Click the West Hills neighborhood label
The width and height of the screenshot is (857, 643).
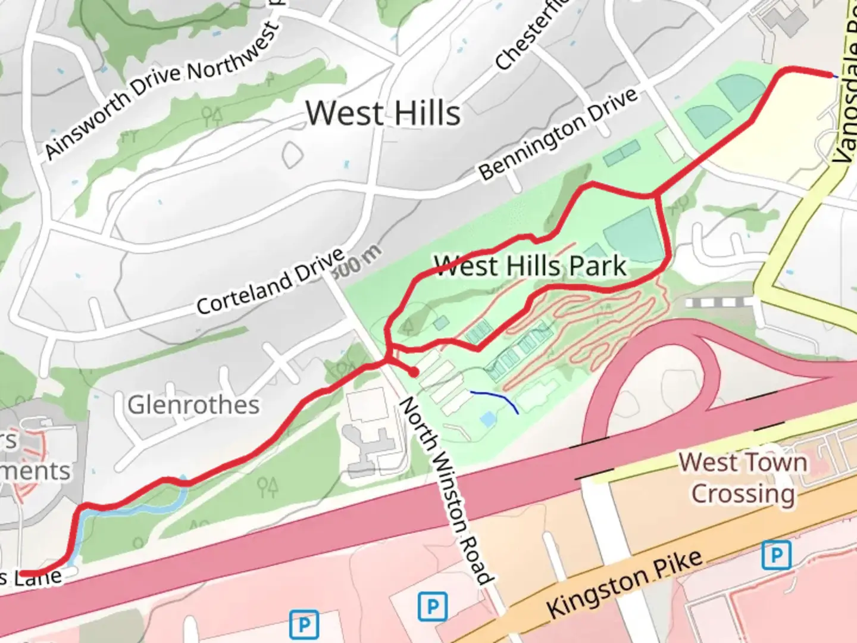[x=383, y=113]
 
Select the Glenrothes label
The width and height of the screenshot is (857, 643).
[x=193, y=405]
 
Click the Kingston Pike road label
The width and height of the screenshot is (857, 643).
[x=625, y=584]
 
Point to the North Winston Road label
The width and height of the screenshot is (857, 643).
[x=446, y=491]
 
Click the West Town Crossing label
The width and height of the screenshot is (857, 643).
[x=743, y=478]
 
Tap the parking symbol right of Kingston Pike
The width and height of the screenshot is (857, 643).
[x=777, y=555]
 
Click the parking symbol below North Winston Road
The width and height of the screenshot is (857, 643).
[x=433, y=607]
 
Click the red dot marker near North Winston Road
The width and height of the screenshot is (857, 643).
[x=413, y=372]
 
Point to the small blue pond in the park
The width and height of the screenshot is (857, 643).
[x=487, y=419]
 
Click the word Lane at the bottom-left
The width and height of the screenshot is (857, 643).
[x=39, y=577]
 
